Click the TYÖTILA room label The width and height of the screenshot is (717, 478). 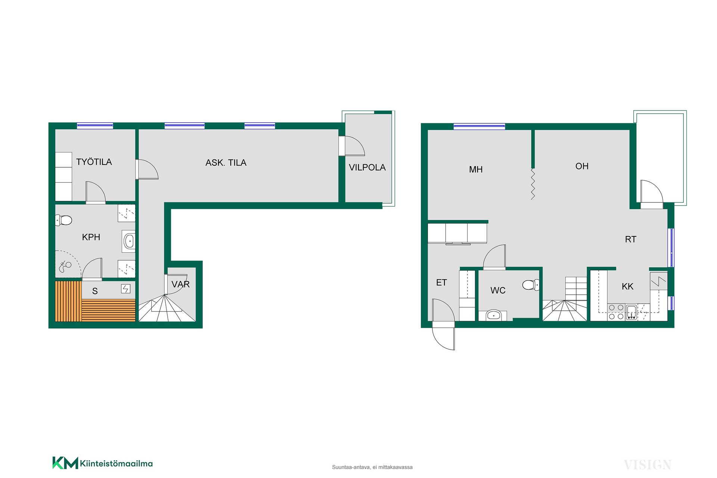(x=94, y=162)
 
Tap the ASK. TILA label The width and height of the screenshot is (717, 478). (x=226, y=162)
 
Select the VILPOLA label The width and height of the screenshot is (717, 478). (x=367, y=167)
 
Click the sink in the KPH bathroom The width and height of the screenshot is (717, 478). (x=129, y=241)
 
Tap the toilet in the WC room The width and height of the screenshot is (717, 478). (x=531, y=285)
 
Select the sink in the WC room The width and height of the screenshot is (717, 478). (x=493, y=316)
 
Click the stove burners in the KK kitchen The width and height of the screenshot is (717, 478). (x=616, y=312)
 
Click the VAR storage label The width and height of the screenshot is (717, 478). (x=180, y=284)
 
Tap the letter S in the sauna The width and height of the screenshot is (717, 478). (x=95, y=291)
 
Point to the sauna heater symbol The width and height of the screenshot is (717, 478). (x=125, y=289)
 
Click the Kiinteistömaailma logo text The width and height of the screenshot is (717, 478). (x=116, y=463)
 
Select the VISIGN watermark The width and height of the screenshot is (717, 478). (x=648, y=465)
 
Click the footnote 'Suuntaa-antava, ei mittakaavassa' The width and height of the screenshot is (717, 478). (x=372, y=467)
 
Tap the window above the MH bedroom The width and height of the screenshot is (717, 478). (x=479, y=126)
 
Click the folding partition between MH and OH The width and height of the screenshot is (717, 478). (x=533, y=184)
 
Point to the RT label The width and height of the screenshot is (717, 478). (x=631, y=239)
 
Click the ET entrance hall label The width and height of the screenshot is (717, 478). (x=441, y=283)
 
